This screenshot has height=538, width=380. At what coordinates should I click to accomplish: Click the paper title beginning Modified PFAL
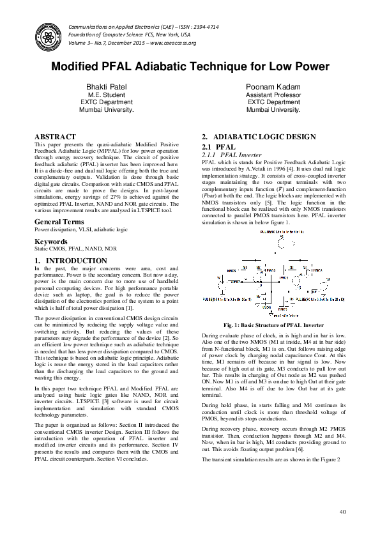(x=190, y=66)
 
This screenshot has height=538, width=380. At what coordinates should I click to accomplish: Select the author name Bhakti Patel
(x=107, y=86)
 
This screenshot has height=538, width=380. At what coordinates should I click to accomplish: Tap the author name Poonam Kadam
(x=273, y=86)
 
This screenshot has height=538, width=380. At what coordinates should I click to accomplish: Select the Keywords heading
(x=51, y=242)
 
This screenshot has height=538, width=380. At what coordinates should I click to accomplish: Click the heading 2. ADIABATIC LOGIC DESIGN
(x=259, y=137)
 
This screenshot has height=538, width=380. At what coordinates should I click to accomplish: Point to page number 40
(x=342, y=511)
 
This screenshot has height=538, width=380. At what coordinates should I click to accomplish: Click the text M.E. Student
(x=107, y=95)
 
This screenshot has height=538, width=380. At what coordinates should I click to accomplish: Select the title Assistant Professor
(x=273, y=95)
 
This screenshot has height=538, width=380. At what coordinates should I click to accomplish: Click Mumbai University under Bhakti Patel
(x=107, y=109)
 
